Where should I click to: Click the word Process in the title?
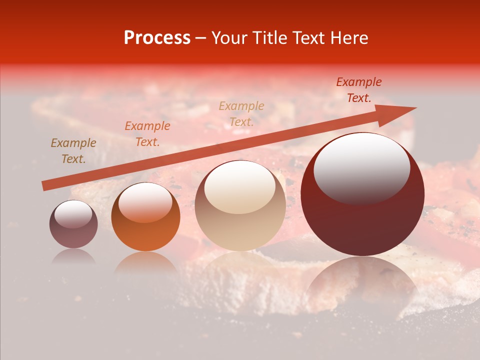pyautogui.click(x=157, y=38)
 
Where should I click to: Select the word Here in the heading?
pyautogui.click(x=349, y=38)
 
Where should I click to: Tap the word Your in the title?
pyautogui.click(x=229, y=38)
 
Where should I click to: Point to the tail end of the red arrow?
pyautogui.click(x=45, y=186)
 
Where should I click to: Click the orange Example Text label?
pyautogui.click(x=147, y=134)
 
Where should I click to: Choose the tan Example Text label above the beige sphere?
pyautogui.click(x=241, y=113)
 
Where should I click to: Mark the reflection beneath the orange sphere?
pyautogui.click(x=145, y=262)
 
